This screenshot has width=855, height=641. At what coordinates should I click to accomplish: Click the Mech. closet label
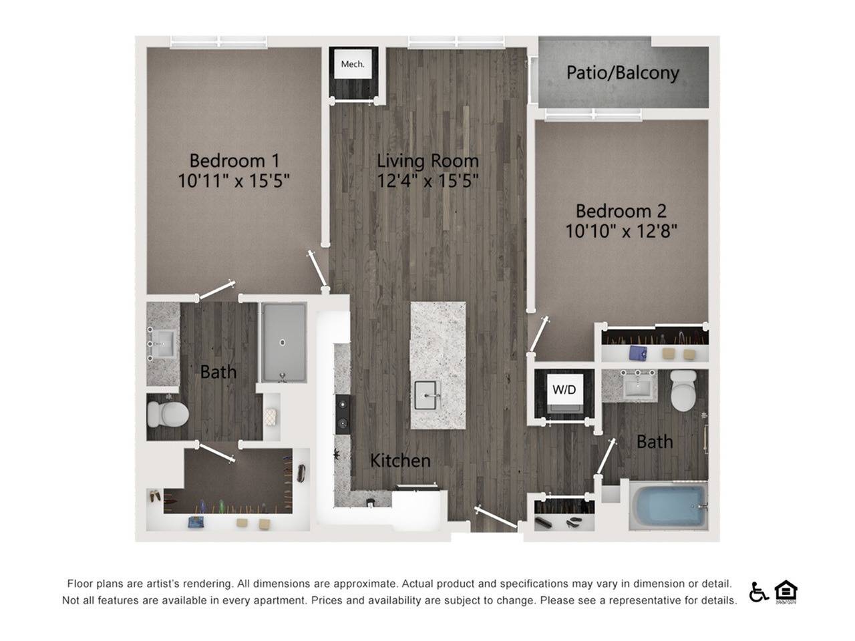353,64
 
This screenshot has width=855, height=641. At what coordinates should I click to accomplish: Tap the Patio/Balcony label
623,72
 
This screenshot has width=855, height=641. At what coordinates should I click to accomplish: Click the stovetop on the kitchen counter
342,413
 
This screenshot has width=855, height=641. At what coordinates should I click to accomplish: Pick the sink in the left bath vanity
162,344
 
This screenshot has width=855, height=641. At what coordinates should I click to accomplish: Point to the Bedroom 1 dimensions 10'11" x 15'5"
234,180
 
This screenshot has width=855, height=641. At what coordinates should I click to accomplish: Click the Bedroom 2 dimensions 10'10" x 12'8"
621,231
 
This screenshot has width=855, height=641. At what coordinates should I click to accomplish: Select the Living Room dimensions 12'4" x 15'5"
427,180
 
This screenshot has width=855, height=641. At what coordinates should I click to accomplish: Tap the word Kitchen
400,460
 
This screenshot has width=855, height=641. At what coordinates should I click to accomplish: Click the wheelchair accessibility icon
758,592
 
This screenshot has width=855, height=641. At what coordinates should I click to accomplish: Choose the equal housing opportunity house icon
786,591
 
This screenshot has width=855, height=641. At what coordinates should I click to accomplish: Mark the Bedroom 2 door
539,335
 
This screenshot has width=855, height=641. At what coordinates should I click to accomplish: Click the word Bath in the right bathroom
655,441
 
